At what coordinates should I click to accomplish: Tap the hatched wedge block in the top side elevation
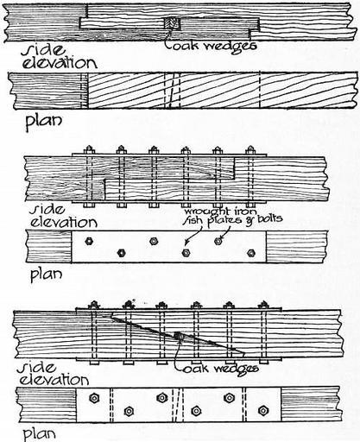[x=172, y=23]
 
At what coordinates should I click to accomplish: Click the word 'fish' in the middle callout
[x=193, y=221]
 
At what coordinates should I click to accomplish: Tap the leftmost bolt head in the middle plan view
[x=89, y=241]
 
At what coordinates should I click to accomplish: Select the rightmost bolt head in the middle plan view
[x=251, y=253]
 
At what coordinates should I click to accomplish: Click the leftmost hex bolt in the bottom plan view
[x=94, y=398]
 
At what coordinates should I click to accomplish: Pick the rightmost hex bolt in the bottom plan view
[x=263, y=410]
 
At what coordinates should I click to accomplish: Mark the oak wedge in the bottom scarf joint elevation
[x=178, y=337]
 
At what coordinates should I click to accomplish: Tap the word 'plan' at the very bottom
[x=39, y=434]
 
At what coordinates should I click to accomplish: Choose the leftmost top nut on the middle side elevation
[x=89, y=149]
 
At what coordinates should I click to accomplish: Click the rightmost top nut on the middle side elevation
[x=250, y=149]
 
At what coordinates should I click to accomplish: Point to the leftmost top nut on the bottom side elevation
[x=93, y=305]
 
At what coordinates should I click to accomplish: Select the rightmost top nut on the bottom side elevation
[x=263, y=305]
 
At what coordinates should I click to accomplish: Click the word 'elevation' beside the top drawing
[x=60, y=63]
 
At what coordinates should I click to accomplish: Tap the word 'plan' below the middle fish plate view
[x=46, y=275]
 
